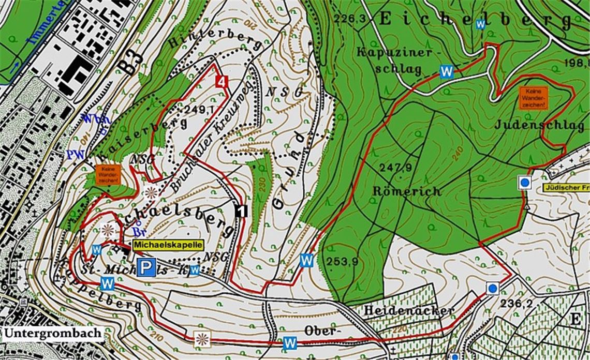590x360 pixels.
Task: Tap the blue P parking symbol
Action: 148,267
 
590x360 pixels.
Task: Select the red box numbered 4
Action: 222,82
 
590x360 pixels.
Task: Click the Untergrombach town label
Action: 53,333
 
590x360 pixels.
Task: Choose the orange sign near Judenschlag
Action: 533,98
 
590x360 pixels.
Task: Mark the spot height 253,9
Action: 342,261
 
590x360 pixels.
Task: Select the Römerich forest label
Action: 407,191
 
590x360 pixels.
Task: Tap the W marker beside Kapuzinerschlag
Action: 446,71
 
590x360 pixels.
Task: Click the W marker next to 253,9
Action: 307,261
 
